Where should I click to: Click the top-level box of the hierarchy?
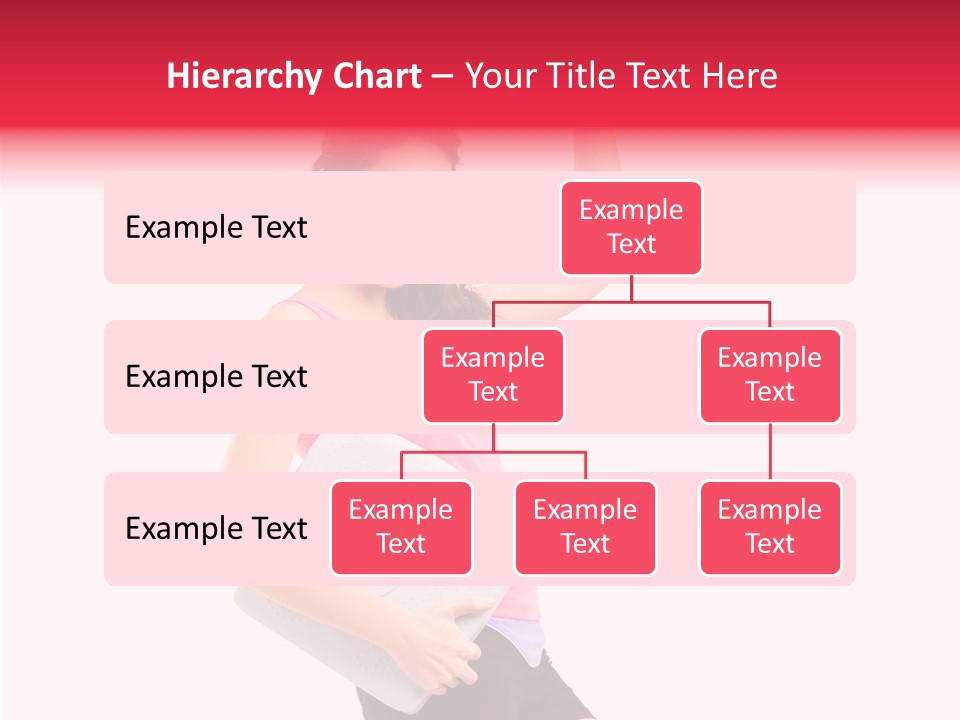coord(631,228)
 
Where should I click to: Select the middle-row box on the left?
coord(493,376)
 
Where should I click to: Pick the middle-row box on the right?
coord(770,376)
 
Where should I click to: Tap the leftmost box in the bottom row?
coord(401,528)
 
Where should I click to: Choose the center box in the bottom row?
coord(585,528)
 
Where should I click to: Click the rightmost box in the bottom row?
coord(770,528)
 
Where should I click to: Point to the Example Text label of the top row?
coord(216,228)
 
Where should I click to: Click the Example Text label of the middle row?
coord(216,377)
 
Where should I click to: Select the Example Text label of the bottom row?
coord(216,528)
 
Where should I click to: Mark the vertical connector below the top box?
coord(631,288)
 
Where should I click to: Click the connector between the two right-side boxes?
coord(770,452)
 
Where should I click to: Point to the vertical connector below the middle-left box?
coord(493,438)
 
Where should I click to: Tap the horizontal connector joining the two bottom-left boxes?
coord(493,452)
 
